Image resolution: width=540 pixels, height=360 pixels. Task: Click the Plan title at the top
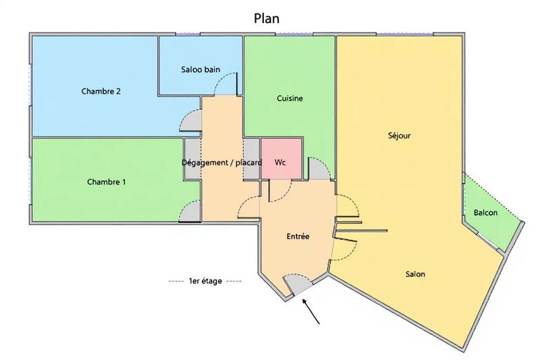pyautogui.click(x=267, y=18)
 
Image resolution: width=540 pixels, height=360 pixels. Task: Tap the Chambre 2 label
pyautogui.click(x=101, y=91)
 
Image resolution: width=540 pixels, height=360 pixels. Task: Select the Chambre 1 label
pyautogui.click(x=107, y=182)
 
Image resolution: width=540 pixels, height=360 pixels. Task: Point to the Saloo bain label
pyautogui.click(x=200, y=70)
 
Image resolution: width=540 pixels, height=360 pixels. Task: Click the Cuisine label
pyautogui.click(x=290, y=99)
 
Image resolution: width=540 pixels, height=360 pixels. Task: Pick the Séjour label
pyautogui.click(x=400, y=136)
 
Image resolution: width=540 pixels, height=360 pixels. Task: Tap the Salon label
pyautogui.click(x=415, y=274)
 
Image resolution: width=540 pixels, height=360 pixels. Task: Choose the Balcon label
pyautogui.click(x=485, y=213)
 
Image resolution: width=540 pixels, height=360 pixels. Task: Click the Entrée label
pyautogui.click(x=298, y=236)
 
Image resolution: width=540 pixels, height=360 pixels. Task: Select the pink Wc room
pyautogui.click(x=281, y=159)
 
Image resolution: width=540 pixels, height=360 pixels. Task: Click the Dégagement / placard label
pyautogui.click(x=222, y=163)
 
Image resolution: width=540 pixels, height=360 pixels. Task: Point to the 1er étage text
pyautogui.click(x=205, y=281)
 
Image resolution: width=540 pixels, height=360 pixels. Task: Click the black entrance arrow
pyautogui.click(x=311, y=312)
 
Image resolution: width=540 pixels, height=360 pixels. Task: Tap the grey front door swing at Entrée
pyautogui.click(x=298, y=284)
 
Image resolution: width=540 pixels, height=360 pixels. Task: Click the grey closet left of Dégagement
pyautogui.click(x=192, y=159)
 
